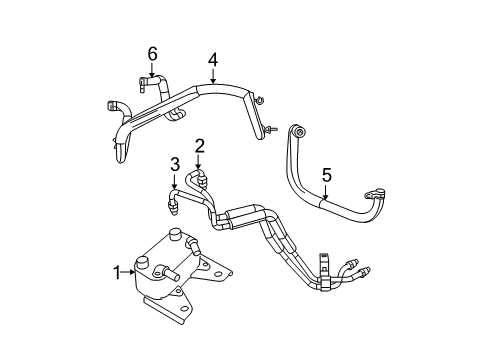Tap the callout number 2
199,146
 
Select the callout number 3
174,164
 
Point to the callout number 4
213,60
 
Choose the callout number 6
152,53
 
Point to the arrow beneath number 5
325,197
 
